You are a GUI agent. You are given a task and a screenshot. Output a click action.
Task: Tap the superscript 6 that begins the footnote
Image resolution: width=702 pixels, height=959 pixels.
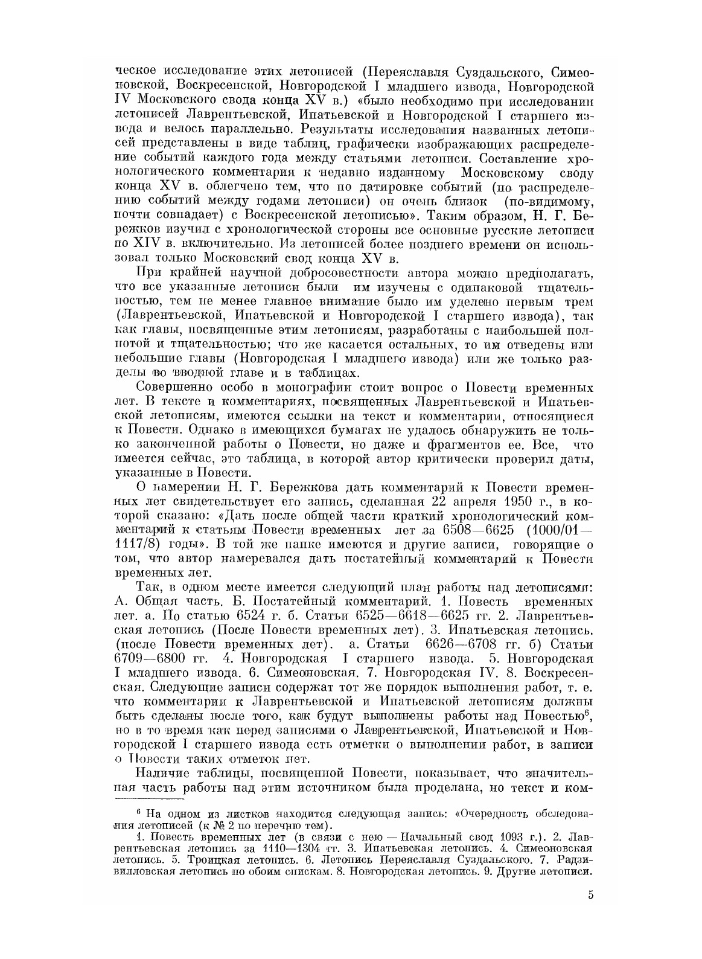[138, 811]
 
